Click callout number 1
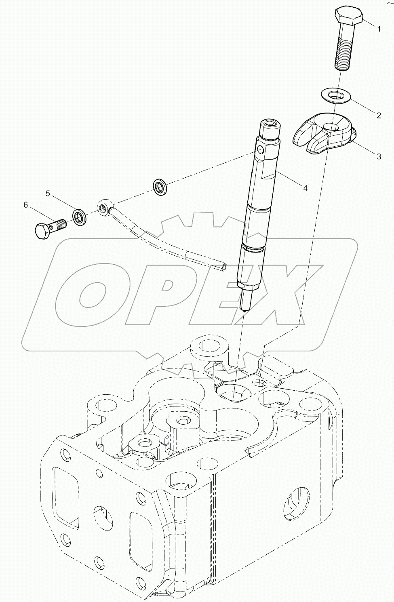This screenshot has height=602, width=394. click(379, 29)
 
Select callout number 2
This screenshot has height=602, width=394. click(379, 116)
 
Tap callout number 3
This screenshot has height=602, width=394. click(379, 157)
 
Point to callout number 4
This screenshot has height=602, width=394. click(306, 188)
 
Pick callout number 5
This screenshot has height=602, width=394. click(48, 194)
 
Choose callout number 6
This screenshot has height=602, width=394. click(26, 205)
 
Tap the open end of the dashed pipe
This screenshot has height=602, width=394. click(223, 266)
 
